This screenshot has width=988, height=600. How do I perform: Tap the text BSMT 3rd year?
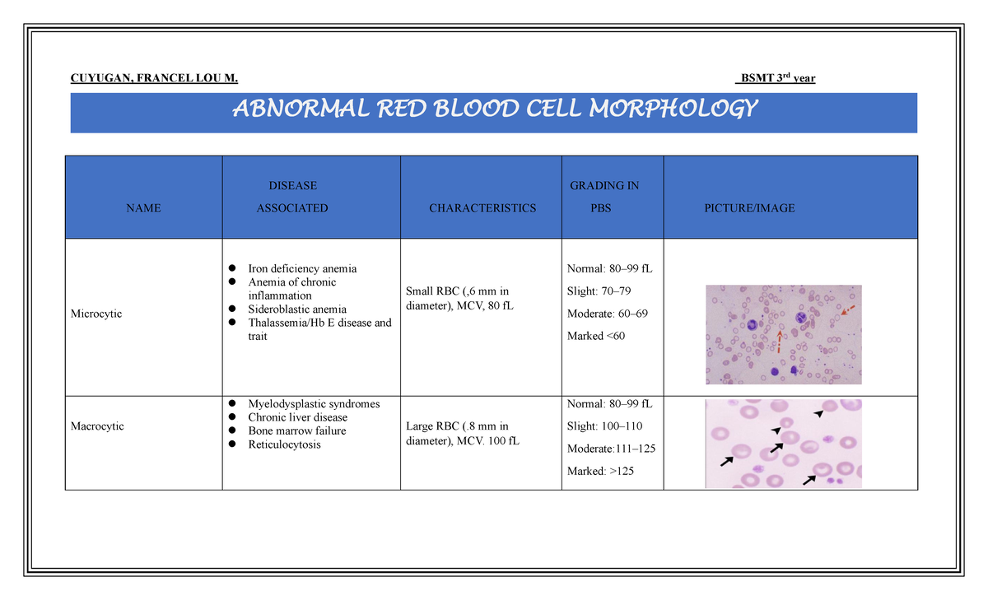(775, 78)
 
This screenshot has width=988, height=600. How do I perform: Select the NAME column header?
(143, 208)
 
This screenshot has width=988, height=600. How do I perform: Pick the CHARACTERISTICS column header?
(482, 208)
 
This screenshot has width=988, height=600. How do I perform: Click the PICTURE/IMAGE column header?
(749, 208)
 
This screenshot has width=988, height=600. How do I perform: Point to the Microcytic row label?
(96, 314)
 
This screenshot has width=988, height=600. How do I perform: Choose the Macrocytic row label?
(97, 426)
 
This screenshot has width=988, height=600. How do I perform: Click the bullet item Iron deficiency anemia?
(302, 268)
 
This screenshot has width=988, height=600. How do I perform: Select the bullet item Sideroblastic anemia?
(297, 309)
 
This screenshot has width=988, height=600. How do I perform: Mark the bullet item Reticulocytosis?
(284, 444)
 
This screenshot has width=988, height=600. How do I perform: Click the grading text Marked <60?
(596, 336)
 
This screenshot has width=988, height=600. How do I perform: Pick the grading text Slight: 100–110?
(604, 426)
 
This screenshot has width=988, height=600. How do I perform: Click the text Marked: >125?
(600, 471)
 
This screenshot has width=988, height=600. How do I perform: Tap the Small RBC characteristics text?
(458, 298)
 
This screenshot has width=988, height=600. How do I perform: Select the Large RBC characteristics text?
(458, 433)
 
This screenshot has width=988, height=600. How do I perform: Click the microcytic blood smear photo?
(783, 334)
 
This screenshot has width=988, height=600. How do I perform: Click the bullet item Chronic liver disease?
(297, 417)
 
